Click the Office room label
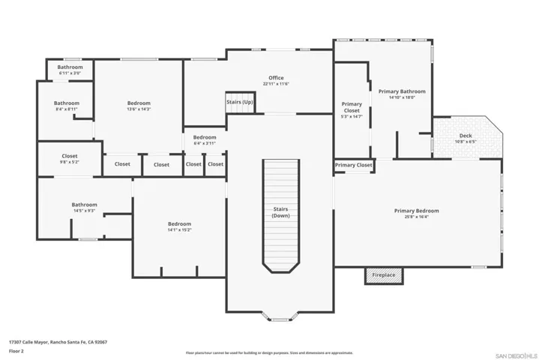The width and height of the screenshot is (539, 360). click(276, 78)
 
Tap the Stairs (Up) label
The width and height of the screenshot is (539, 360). click(240, 102)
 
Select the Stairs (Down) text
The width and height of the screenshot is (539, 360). click(280, 212)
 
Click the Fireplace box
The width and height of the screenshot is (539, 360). click(384, 275)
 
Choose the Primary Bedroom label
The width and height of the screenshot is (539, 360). click(416, 211)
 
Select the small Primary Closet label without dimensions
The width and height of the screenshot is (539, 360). click(353, 165)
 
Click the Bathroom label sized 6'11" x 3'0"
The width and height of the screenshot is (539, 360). click(70, 67)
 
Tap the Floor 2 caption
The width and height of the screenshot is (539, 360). click(16, 350)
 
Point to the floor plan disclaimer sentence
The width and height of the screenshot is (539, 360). click(269, 352)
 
